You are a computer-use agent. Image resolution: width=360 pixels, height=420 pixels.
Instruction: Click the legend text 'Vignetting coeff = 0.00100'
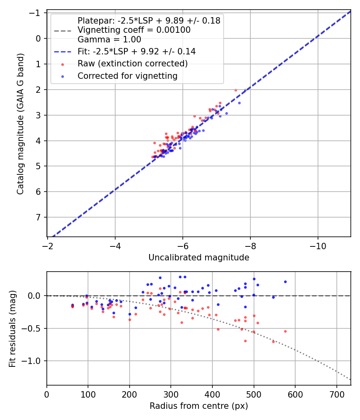coord(134,30)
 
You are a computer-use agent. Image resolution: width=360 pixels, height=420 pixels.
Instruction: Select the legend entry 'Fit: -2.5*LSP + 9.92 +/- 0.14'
coord(136,52)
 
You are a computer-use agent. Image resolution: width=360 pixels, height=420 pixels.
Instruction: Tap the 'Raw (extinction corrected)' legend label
coord(132,64)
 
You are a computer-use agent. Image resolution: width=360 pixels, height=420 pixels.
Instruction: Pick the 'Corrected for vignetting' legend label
coord(128,76)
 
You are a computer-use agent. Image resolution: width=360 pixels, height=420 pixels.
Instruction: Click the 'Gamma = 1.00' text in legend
coord(109,40)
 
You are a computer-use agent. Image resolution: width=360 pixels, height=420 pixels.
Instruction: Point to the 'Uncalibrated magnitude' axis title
coord(199,258)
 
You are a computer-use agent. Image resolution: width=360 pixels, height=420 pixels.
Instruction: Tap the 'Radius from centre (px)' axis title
coord(199,406)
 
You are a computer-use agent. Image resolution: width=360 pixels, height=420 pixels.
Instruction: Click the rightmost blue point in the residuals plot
coord(285,282)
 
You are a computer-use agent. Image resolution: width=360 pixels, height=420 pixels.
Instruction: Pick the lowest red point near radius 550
coord(274,342)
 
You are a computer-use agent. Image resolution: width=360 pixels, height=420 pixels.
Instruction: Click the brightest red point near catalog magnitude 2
coord(236,90)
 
